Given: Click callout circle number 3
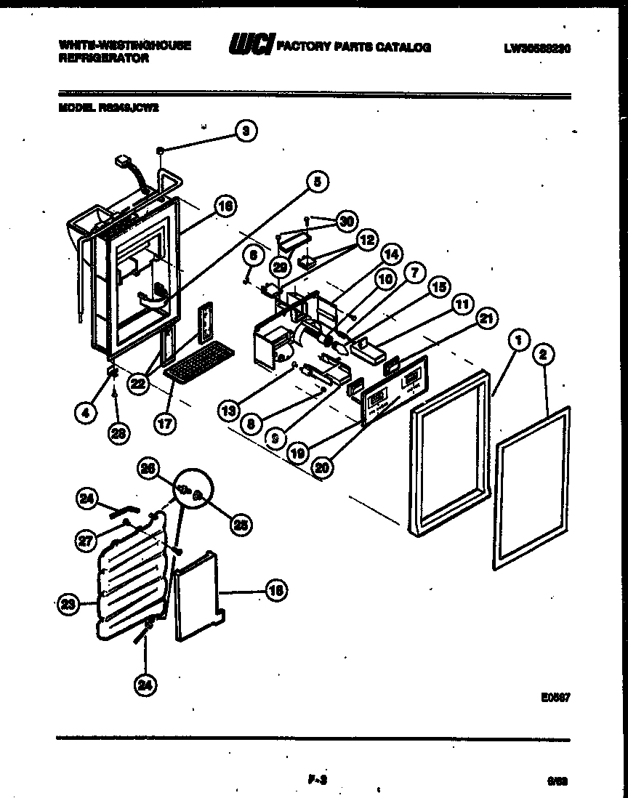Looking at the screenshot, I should point(246,131).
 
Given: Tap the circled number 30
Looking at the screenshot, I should point(347,221).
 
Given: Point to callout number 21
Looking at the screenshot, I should point(486,318).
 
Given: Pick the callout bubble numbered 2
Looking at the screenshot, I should point(544,354).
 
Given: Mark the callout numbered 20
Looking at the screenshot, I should point(321,468).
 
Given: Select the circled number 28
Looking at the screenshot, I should point(116,434).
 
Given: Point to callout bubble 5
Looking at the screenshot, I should point(316,183).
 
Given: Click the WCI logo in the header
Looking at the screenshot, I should point(250,46).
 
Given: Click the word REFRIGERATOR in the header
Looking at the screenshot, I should point(103,58).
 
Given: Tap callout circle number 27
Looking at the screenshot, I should point(87,539).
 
